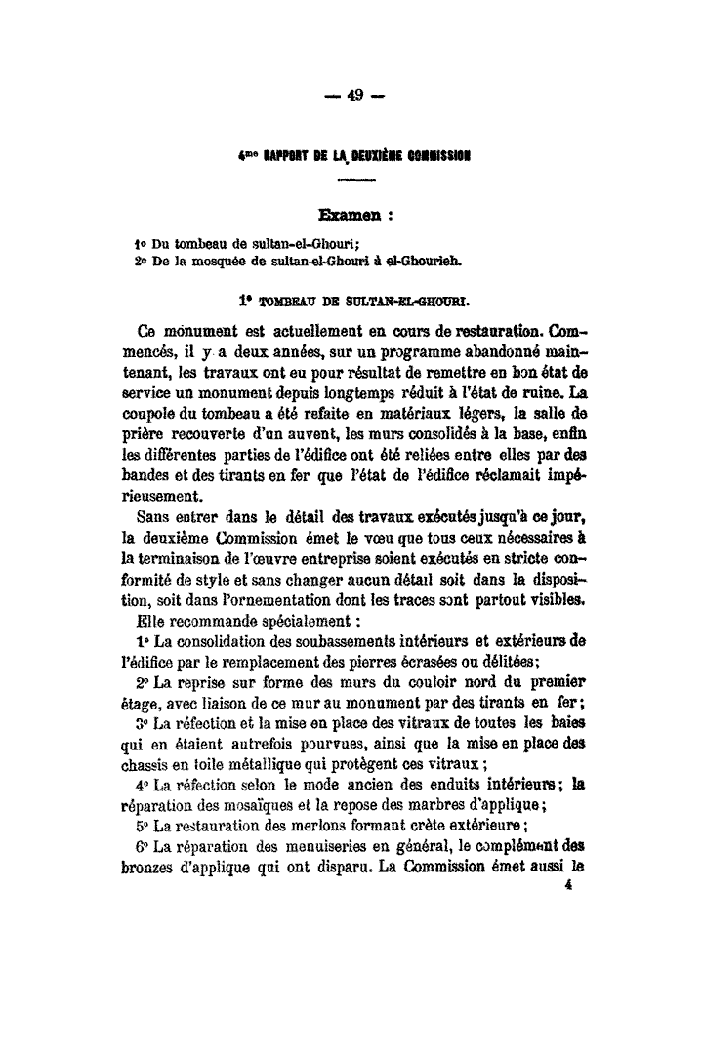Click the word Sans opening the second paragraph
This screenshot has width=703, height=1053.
coord(154,515)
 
